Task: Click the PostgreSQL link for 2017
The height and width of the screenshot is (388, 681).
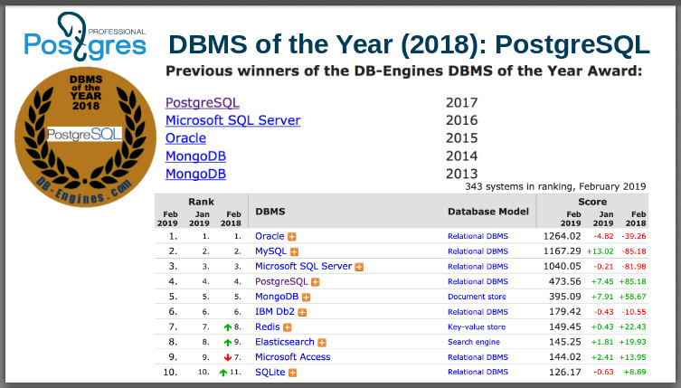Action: point(203,102)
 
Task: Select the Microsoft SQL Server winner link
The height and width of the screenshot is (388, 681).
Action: point(232,120)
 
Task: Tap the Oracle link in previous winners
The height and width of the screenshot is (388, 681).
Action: point(185,138)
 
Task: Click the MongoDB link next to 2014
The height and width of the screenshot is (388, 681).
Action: point(195,156)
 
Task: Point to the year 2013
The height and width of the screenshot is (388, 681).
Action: point(461,174)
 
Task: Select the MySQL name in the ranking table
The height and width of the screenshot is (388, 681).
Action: point(270,251)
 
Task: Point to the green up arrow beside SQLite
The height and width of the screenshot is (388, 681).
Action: point(222,373)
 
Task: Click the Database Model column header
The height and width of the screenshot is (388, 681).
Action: point(487,211)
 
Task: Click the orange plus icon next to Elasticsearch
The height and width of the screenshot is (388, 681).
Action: point(322,343)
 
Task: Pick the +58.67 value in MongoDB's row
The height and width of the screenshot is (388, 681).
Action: point(631,297)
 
